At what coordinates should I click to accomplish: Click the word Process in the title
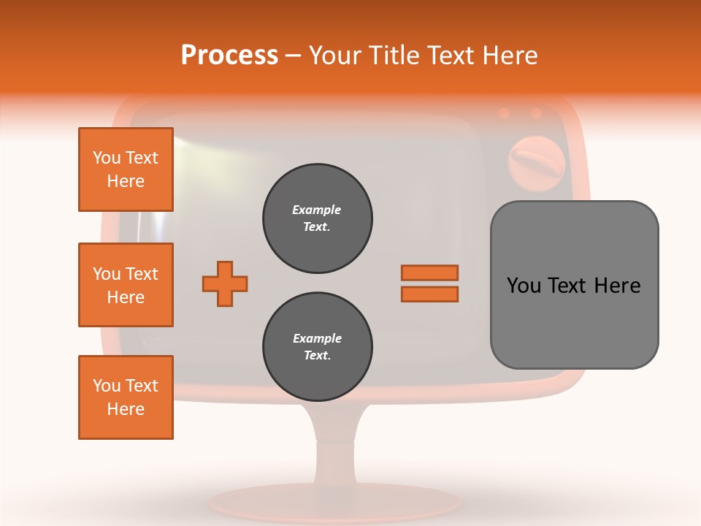(x=229, y=56)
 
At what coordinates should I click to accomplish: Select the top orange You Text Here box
(x=126, y=169)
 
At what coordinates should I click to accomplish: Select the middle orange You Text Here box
(x=126, y=285)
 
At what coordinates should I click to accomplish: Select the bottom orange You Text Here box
(x=126, y=397)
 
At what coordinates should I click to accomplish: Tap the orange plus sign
(x=225, y=283)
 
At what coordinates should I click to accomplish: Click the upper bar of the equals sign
(x=429, y=272)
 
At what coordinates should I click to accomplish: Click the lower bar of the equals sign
(x=429, y=294)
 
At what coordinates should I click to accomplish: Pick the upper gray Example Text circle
(x=318, y=218)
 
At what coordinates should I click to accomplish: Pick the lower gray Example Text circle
(x=318, y=347)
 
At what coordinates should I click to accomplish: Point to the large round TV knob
(x=536, y=162)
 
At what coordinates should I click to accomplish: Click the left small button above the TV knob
(x=504, y=113)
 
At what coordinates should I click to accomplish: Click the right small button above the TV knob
(x=536, y=113)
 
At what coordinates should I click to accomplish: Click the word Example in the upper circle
(x=317, y=210)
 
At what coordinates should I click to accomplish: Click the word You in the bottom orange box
(x=107, y=386)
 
